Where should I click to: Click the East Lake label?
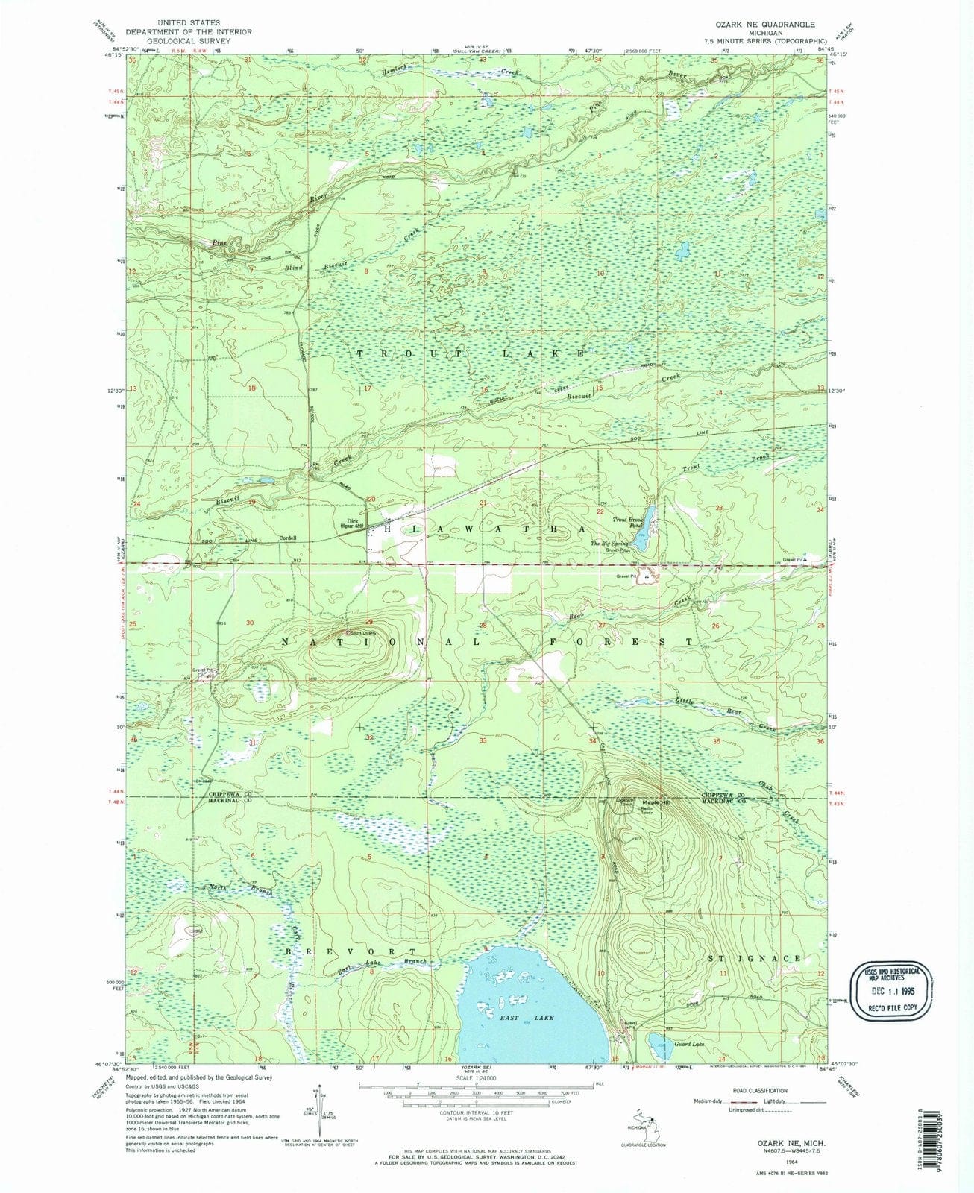point(516,1017)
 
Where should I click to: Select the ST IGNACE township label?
point(754,958)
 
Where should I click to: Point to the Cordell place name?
point(288,538)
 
